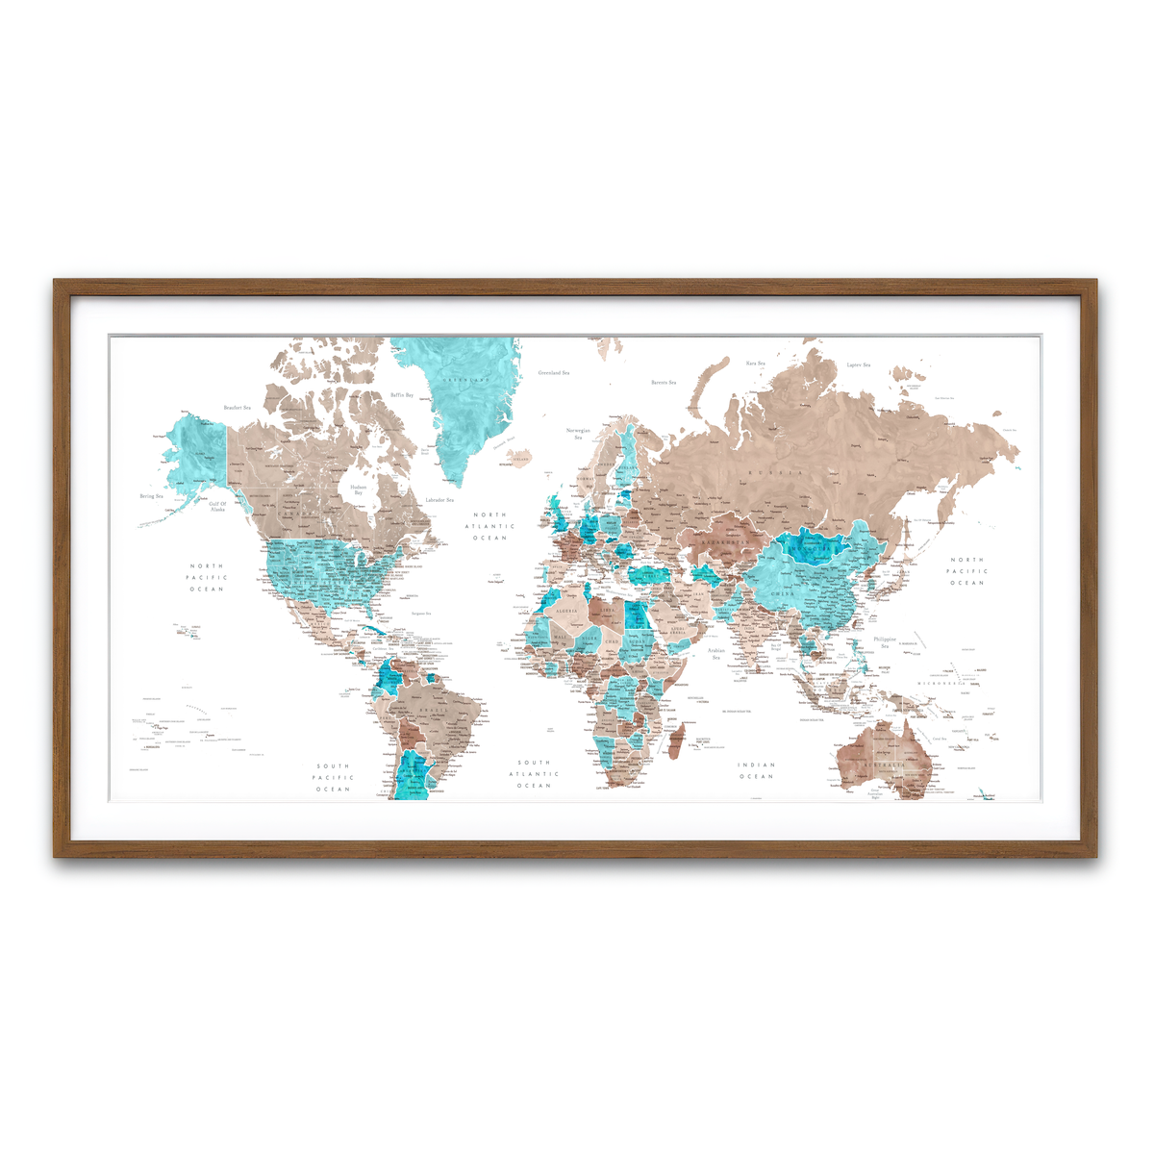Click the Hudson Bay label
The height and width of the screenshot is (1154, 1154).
(x=358, y=489)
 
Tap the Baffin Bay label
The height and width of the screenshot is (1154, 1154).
(x=402, y=395)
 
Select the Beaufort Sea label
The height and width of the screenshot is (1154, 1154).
(x=237, y=408)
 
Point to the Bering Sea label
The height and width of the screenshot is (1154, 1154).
(x=152, y=496)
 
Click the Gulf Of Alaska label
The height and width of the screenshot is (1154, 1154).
(x=217, y=506)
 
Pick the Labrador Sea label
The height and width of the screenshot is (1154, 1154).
(x=439, y=500)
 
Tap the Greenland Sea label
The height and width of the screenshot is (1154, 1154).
(x=553, y=372)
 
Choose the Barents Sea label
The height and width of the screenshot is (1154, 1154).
(x=664, y=383)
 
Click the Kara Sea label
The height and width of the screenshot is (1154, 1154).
(x=755, y=364)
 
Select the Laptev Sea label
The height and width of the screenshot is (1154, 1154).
(x=858, y=365)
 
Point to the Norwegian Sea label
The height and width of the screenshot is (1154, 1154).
(x=578, y=434)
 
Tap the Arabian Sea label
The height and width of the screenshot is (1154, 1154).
(x=716, y=653)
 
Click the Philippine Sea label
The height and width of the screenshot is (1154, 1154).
(x=885, y=642)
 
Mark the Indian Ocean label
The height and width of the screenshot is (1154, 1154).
(x=756, y=770)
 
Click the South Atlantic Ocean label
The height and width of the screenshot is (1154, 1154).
(x=534, y=774)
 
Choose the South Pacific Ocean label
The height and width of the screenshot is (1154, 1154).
(x=334, y=778)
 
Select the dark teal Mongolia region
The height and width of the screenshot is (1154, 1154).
(x=813, y=548)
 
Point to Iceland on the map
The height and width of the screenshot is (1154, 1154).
(x=519, y=459)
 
